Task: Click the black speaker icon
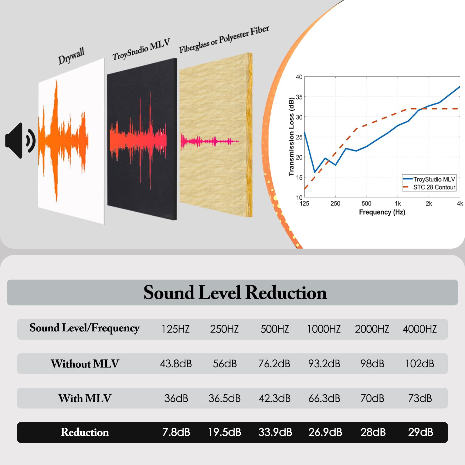coord(20,141)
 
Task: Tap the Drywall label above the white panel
coord(71,56)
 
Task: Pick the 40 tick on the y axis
coord(299,77)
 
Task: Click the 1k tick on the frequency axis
coord(398,204)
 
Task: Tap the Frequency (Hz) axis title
coord(382,212)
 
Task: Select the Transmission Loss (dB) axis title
coord(291,137)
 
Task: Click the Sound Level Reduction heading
coord(235,292)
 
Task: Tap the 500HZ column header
coord(275,329)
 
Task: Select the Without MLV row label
coord(85,364)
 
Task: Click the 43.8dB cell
coord(176,364)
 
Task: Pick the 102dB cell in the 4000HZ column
coord(420,364)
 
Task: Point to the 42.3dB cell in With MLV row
coord(275,398)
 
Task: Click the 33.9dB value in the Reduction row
coord(275,432)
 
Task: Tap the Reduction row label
coord(85,432)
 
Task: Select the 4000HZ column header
coord(420,329)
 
